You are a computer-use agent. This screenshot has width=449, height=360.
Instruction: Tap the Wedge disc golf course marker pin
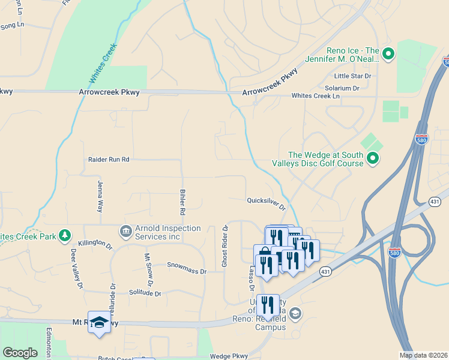point(373,158)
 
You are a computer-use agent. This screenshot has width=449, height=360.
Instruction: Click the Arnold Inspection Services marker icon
point(125,231)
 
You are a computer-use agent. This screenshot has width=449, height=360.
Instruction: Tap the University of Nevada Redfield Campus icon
point(295,313)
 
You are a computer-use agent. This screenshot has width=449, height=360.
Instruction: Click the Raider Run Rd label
point(109,160)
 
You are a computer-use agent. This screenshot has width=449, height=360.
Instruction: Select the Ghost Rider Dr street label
point(225,246)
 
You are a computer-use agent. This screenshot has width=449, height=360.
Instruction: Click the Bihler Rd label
point(182,202)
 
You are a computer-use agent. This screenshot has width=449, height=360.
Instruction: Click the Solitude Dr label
point(145,293)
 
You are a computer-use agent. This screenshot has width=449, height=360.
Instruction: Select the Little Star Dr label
point(353,76)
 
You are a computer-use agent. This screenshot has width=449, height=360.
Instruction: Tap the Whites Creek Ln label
point(315,96)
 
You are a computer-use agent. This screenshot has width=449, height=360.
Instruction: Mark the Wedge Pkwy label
point(229,356)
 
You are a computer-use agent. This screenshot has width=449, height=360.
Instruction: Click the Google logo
point(20,353)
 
